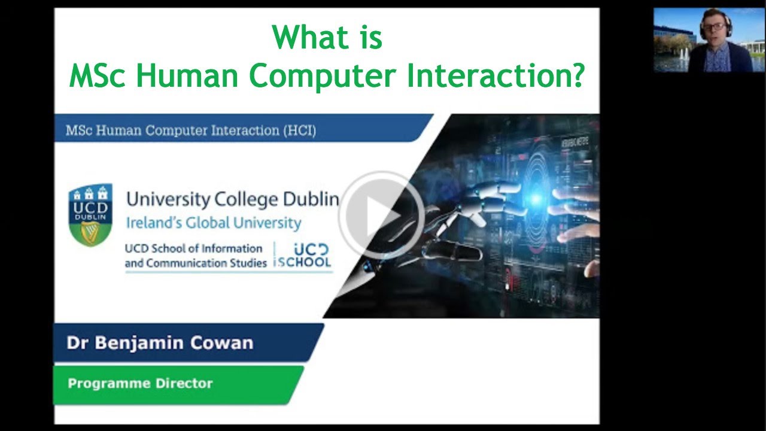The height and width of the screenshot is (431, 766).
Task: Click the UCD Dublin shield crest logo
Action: pyautogui.click(x=90, y=215)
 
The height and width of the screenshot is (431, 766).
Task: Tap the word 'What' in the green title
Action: pyautogui.click(x=303, y=38)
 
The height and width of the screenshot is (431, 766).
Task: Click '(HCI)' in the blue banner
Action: pyautogui.click(x=299, y=130)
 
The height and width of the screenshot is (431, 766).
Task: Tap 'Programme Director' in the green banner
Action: pyautogui.click(x=140, y=383)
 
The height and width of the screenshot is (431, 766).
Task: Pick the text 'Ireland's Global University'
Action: pyautogui.click(x=213, y=223)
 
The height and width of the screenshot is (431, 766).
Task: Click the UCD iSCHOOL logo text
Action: pyautogui.click(x=303, y=256)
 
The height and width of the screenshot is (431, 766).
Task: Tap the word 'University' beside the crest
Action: pyautogui.click(x=162, y=199)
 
